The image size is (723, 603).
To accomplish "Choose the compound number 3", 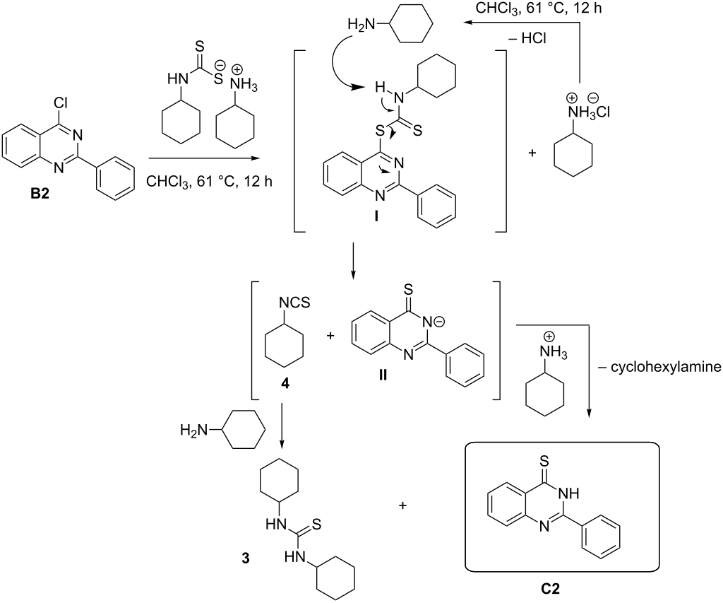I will click(x=244, y=557).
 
